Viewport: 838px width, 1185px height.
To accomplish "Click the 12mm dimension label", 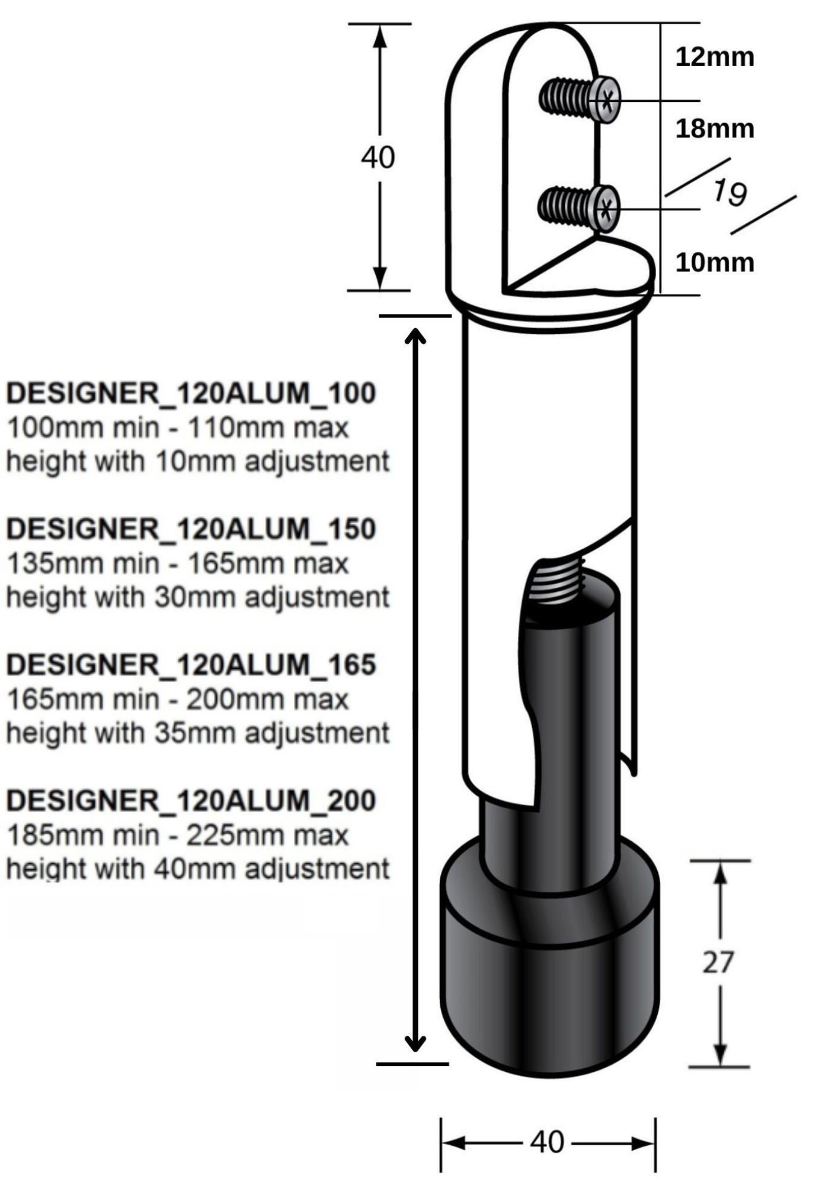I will [714, 57].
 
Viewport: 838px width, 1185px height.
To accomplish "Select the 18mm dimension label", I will [714, 129].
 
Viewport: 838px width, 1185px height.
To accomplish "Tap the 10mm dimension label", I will [714, 262].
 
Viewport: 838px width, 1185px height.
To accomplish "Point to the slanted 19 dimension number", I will [730, 193].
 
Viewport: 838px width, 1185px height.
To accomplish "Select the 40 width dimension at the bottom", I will [546, 1141].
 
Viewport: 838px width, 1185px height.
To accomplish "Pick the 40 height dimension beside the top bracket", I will [378, 158].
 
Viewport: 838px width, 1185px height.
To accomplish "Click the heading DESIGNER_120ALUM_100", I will [191, 393].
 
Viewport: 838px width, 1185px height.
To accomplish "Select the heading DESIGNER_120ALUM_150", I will [191, 529].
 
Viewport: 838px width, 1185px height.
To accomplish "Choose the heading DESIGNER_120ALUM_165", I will [191, 664].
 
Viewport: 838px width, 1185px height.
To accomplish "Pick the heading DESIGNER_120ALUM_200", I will [191, 800].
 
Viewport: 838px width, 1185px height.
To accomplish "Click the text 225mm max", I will [268, 835].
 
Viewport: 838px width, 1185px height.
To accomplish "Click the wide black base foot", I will [549, 978].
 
